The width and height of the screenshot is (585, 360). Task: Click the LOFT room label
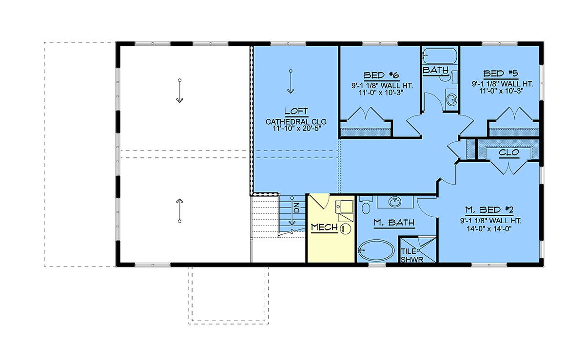296,111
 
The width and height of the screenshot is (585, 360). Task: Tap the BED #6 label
382,76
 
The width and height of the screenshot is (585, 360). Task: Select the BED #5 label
501,74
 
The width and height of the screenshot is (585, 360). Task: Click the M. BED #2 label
489,209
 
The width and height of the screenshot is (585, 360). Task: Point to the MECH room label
324,227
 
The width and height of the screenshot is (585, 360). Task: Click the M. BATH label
394,223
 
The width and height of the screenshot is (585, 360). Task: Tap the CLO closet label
509,152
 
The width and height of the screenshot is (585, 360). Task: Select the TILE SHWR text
412,255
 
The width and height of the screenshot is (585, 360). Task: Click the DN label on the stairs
297,208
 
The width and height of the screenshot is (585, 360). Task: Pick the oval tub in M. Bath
376,251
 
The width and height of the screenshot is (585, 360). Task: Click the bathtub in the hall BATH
440,56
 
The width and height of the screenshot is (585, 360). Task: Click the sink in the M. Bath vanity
395,202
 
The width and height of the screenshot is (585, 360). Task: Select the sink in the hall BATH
452,99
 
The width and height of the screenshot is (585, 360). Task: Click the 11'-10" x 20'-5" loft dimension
296,129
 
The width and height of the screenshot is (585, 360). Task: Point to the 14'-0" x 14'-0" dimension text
489,229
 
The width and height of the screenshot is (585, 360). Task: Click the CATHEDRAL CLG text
296,122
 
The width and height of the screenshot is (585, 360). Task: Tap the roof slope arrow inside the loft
291,81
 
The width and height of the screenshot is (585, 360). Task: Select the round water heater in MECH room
346,228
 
